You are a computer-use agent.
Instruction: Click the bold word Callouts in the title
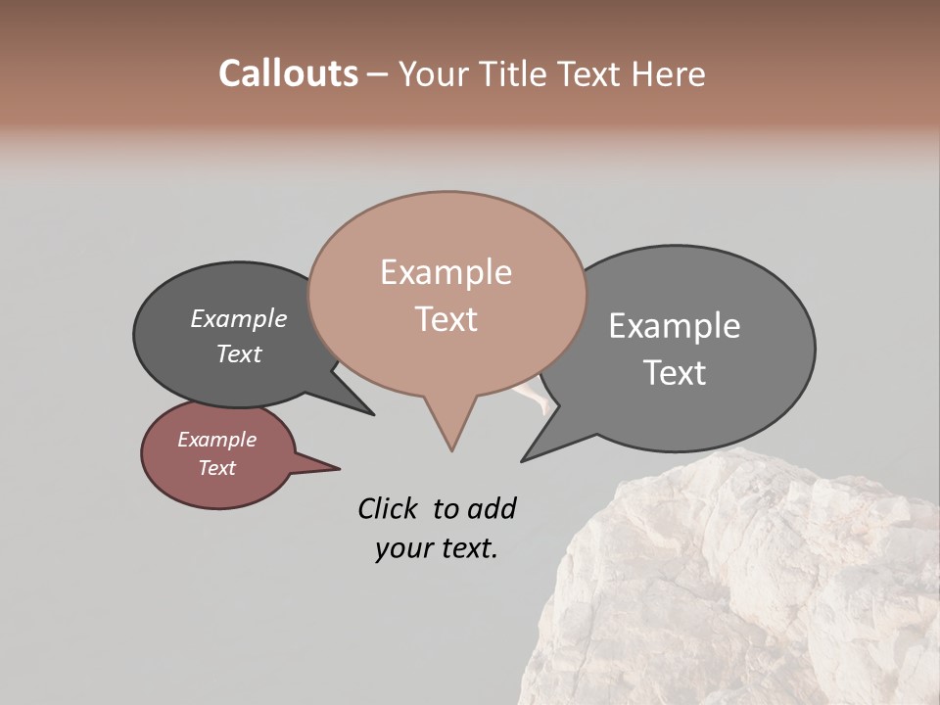288,73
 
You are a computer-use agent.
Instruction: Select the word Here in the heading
665,73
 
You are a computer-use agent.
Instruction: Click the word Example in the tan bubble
446,272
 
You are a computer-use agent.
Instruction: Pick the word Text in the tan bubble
446,319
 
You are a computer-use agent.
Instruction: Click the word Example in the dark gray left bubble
239,318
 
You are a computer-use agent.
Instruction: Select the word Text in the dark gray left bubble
239,353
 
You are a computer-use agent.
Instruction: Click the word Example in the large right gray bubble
675,326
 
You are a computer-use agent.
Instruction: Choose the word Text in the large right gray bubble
675,372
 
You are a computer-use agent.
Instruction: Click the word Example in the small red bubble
216,440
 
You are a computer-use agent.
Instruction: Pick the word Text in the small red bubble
216,468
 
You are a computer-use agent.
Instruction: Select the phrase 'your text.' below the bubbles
437,548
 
